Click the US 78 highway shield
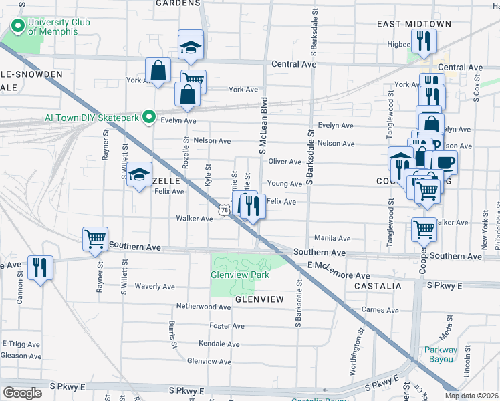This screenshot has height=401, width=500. click(x=223, y=210)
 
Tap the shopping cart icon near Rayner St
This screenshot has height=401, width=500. click(x=95, y=238)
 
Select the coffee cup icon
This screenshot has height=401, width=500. click(x=445, y=162)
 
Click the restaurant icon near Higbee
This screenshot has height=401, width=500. click(x=423, y=41)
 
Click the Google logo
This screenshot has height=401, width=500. click(x=22, y=392)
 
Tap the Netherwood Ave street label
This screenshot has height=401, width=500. click(x=203, y=307)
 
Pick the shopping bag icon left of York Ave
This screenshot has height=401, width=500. click(x=158, y=70)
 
